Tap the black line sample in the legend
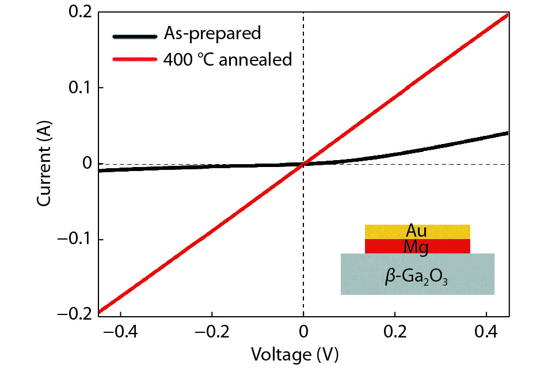134,36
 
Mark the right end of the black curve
507,133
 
